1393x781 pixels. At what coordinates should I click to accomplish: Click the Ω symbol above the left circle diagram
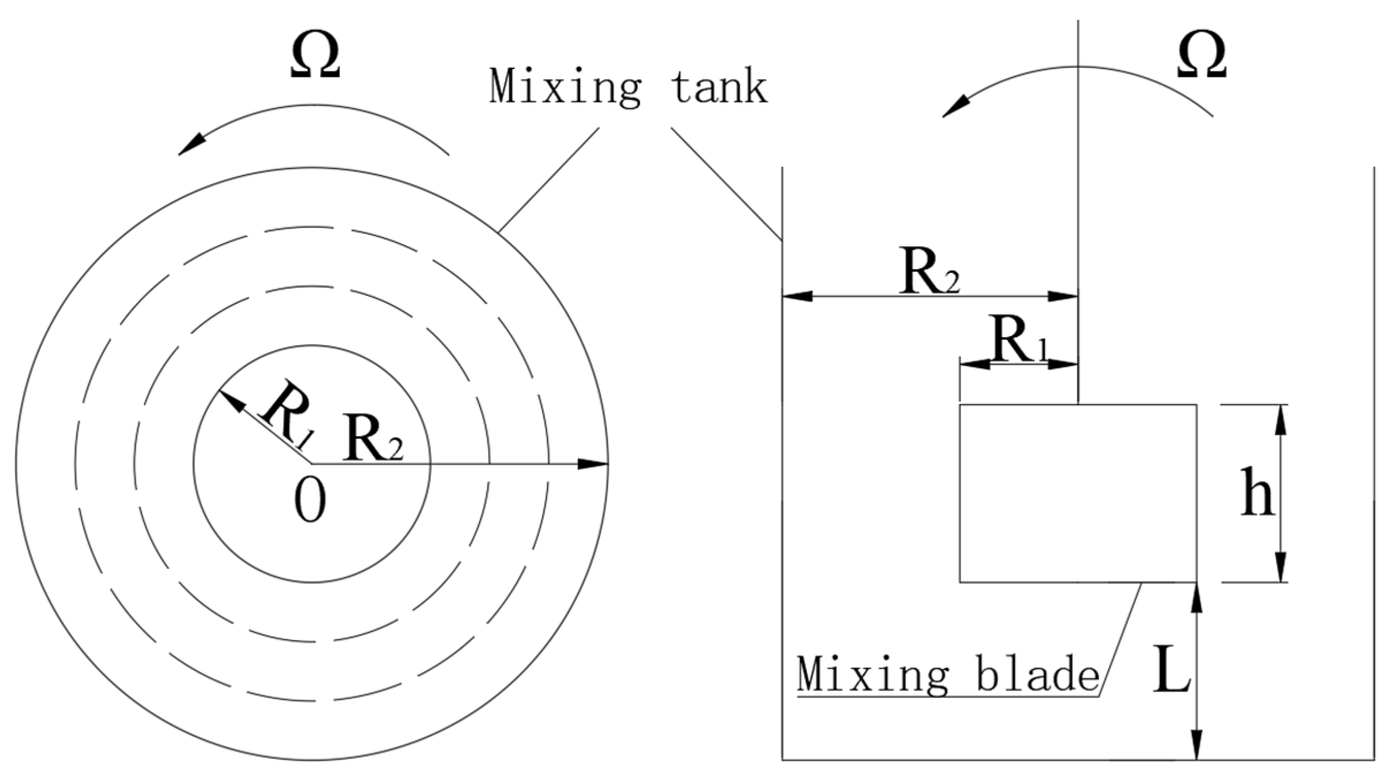315,55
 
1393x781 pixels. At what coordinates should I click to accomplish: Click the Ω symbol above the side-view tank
1201,55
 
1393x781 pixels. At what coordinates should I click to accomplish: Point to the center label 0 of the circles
311,502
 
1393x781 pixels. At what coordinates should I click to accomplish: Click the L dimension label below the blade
1171,669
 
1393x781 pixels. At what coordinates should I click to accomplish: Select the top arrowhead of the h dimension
1281,419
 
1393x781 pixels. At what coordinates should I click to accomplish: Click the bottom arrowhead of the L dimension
1197,745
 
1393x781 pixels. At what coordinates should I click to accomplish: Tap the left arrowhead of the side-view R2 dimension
797,297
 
